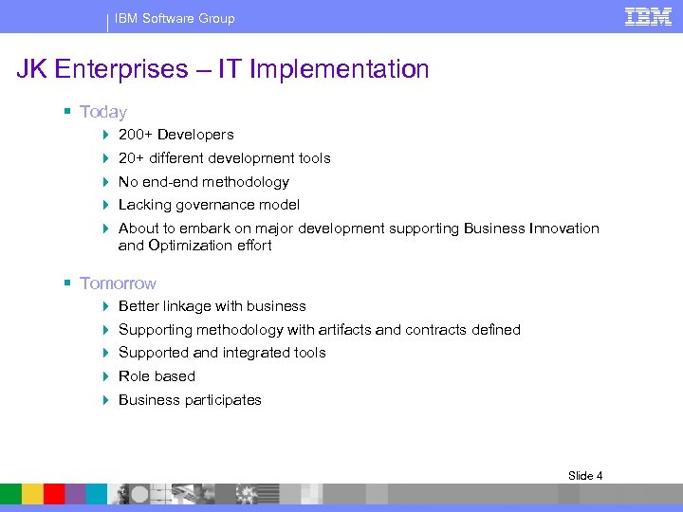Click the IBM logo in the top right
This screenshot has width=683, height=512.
coord(648,16)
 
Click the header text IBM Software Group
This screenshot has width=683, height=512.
coord(175,18)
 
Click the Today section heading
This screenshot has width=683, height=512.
coord(103,112)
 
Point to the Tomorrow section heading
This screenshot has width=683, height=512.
coord(118,283)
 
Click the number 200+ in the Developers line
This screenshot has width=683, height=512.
coord(136,135)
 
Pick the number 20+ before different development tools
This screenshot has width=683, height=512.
coord(132,158)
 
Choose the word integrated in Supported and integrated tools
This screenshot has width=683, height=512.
coord(256,353)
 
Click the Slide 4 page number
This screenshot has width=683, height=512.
coord(585,475)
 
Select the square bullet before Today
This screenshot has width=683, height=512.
coord(68,112)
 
